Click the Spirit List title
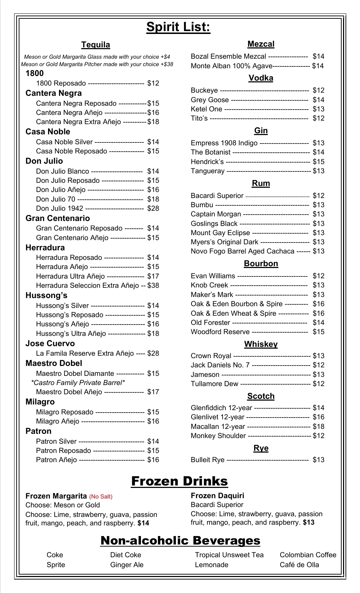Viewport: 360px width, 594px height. click(178, 27)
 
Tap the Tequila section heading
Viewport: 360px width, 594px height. click(96, 45)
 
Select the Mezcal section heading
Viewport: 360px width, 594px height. click(261, 44)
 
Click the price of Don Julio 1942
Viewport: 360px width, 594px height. click(153, 208)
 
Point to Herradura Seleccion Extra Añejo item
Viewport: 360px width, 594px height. click(87, 285)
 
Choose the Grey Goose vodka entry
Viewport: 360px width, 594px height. click(209, 100)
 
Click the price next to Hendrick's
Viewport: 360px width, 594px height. click(318, 162)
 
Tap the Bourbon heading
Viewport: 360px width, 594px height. click(261, 263)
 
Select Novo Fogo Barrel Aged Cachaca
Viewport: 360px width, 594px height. click(242, 251)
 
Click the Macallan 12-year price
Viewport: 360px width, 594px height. click(318, 426)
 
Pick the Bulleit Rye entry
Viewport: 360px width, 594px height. click(207, 460)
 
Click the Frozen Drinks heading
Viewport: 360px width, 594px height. click(179, 481)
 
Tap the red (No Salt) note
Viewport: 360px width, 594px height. click(101, 496)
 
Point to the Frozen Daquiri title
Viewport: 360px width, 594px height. click(217, 496)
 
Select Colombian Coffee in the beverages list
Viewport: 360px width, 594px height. click(308, 555)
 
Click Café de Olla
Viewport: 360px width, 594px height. click(299, 565)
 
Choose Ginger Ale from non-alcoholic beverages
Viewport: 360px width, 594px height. click(126, 565)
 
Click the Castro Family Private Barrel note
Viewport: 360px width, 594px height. click(78, 383)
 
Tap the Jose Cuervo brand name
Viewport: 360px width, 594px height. click(50, 343)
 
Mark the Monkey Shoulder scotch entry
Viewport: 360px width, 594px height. click(218, 436)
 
